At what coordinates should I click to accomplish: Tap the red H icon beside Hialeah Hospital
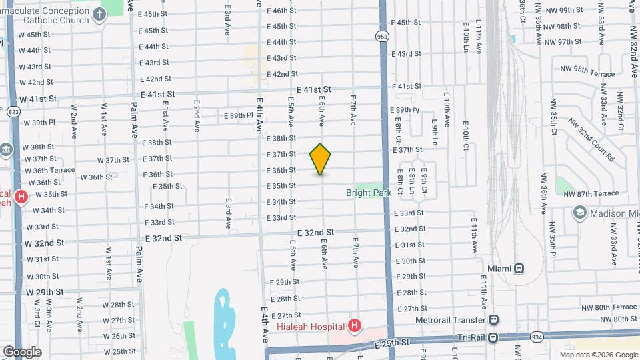tap(355, 326)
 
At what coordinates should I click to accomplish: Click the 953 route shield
tap(382, 37)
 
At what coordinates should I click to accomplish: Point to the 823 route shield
tap(14, 112)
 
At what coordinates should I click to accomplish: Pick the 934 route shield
tap(537, 337)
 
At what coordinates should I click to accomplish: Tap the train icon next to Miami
tap(519, 268)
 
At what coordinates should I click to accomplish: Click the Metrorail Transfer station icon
tap(493, 319)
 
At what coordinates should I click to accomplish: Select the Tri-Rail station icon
tap(493, 337)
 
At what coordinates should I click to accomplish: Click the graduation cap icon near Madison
tap(579, 213)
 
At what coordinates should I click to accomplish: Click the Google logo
tap(21, 352)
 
